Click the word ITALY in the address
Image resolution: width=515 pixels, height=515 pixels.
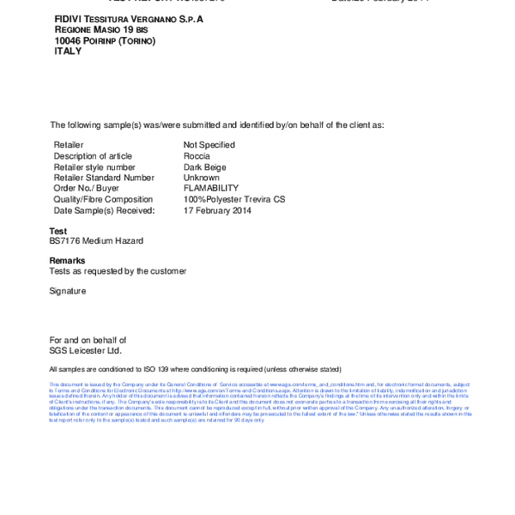tap(68, 51)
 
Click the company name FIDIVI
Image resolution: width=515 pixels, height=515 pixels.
tap(69, 18)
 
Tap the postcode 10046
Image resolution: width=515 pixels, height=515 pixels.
tap(68, 40)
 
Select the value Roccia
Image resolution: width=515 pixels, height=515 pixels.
tap(197, 156)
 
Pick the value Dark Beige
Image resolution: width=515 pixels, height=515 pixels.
tap(204, 167)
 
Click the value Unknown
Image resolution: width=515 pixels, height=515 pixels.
tap(202, 178)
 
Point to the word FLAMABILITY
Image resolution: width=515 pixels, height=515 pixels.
tap(211, 189)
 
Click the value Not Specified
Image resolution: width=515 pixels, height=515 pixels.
tap(209, 145)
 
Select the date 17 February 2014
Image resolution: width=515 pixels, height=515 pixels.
tap(217, 210)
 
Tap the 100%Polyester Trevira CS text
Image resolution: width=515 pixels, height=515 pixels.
tap(233, 199)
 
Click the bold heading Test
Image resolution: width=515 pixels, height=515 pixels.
tap(58, 231)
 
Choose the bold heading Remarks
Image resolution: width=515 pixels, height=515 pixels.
tap(67, 260)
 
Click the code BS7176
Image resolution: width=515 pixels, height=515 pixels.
tap(65, 241)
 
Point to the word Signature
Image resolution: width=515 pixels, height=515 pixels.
tap(68, 291)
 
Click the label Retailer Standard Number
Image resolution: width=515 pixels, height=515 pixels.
tap(104, 178)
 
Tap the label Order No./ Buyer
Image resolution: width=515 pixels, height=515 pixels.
tap(86, 189)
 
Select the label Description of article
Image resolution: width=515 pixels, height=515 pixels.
tap(93, 156)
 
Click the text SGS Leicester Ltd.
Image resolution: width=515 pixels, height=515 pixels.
tap(85, 350)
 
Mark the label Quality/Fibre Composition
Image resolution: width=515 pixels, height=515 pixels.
tap(103, 199)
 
